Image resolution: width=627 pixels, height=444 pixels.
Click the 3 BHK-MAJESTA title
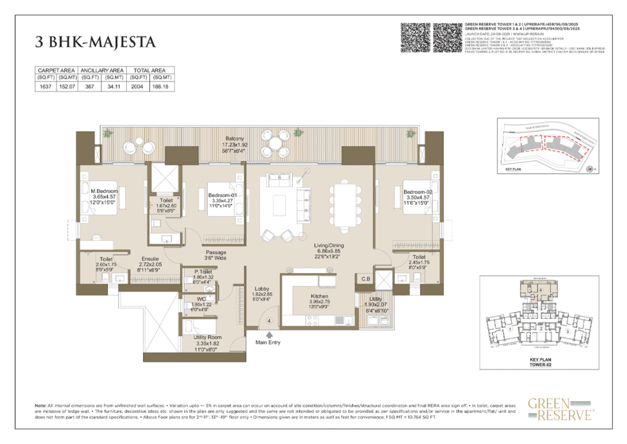(x=95, y=42)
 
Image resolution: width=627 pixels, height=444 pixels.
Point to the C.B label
(x=366, y=279)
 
